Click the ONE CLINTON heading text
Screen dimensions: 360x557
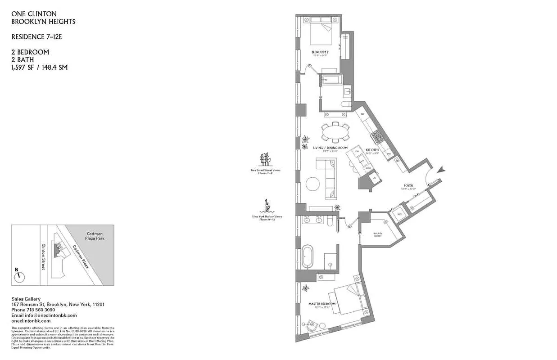point(34,14)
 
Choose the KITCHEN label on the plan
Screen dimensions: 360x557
point(372,149)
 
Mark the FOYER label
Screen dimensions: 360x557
point(408,185)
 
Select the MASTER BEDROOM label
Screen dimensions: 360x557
point(322,304)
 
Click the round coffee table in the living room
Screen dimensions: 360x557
point(313,184)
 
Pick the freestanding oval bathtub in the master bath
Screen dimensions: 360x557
point(309,256)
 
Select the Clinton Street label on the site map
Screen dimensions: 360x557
point(44,256)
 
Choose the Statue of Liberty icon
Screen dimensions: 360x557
point(267,207)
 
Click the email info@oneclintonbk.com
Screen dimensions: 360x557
point(44,315)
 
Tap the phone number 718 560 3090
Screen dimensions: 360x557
point(40,310)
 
